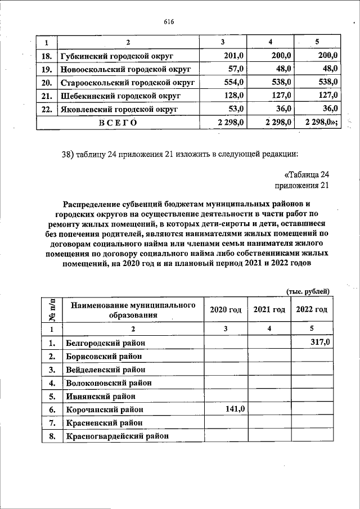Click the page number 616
point(169,22)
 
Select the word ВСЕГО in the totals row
point(118,122)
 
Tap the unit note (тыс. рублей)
point(308,291)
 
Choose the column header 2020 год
point(226,310)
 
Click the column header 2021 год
point(269,310)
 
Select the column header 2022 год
point(312,310)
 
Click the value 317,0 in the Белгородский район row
point(319,343)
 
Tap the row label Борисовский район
point(102,356)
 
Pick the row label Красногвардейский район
point(117,436)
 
